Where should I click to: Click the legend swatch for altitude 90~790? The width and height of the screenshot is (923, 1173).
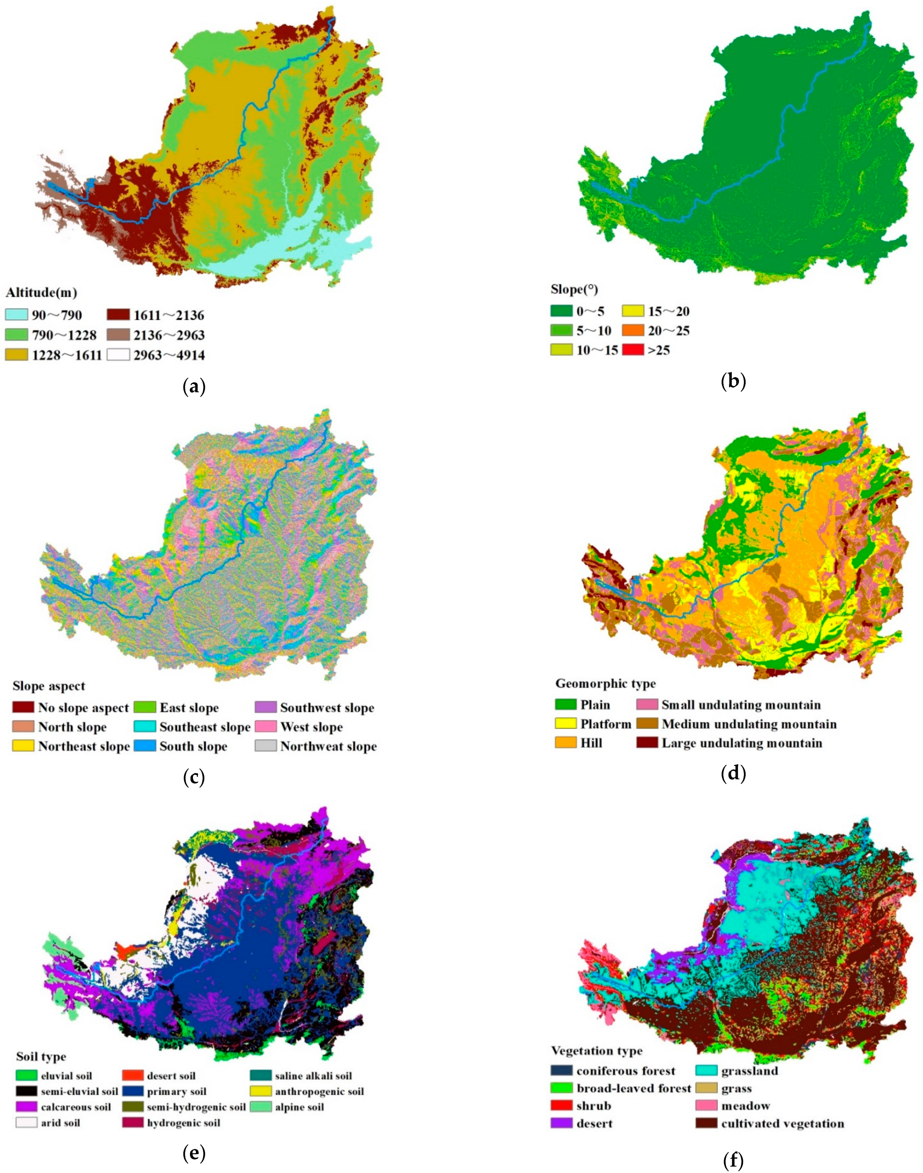point(16,315)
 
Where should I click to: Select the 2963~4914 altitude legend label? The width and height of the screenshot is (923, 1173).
point(169,355)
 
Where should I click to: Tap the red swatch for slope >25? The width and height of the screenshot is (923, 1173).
point(633,349)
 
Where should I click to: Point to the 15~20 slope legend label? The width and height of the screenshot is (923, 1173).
point(669,311)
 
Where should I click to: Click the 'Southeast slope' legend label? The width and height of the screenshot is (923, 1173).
point(205,727)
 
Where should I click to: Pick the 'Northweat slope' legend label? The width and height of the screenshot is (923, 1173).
point(328,746)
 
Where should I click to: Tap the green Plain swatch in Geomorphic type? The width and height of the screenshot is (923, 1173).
point(565,705)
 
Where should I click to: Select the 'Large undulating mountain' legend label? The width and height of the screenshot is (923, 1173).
point(741,743)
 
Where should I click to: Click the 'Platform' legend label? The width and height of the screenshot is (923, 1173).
point(605,724)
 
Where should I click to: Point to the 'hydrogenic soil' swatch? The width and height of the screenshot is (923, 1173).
point(133,1123)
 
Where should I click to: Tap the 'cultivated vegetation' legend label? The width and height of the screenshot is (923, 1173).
point(782,1123)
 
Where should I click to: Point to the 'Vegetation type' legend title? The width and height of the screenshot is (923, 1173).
point(596,1051)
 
